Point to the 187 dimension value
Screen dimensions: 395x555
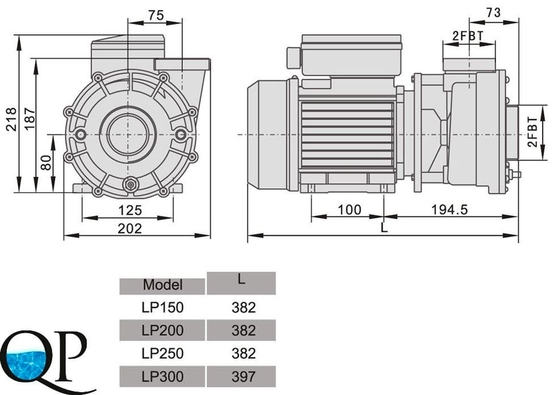pos(29,120)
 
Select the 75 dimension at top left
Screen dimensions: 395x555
pos(156,15)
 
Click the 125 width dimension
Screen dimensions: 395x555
pos(130,211)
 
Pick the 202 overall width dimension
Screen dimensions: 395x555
pos(130,228)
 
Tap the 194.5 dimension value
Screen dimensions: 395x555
pos(450,210)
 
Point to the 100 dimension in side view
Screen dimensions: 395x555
pos(349,210)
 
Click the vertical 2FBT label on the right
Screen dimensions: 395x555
pos(532,133)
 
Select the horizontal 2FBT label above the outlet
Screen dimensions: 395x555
pos(468,35)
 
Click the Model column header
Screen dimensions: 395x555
pos(163,284)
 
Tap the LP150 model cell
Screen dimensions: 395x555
pos(163,308)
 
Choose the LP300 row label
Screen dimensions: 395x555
pos(163,376)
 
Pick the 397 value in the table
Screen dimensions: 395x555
pos(244,376)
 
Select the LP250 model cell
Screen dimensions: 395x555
pos(163,353)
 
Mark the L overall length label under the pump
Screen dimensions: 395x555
pos(385,228)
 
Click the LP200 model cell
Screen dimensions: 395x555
pos(163,330)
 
